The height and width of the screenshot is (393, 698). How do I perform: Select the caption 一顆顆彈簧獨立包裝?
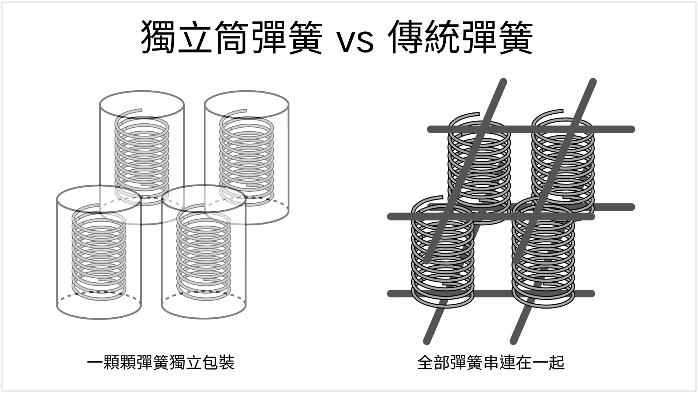pyautogui.click(x=161, y=362)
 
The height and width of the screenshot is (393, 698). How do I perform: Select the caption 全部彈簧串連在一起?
pyautogui.click(x=491, y=362)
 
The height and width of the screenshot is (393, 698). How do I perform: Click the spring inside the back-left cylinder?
pyautogui.click(x=142, y=156)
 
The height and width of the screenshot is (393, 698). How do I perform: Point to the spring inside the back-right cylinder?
pyautogui.click(x=246, y=156)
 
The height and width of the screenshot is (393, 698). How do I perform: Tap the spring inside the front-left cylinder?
pyautogui.click(x=99, y=251)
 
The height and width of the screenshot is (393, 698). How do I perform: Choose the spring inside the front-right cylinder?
pyautogui.click(x=204, y=251)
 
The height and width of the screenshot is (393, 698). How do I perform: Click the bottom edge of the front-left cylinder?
pyautogui.click(x=99, y=318)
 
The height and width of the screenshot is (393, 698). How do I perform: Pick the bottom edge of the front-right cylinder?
pyautogui.click(x=204, y=318)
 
